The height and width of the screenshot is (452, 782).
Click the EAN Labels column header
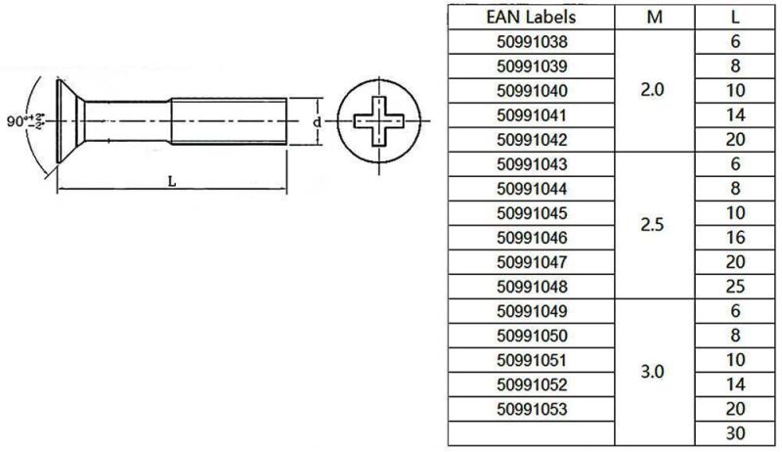[x=531, y=17]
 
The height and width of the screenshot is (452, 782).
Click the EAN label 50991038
[x=531, y=42]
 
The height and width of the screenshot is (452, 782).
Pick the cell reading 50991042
[x=531, y=139]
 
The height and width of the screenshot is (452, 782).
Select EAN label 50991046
[x=531, y=238]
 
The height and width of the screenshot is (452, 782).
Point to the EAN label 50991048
[x=531, y=287]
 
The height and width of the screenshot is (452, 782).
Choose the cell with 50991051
[x=531, y=360]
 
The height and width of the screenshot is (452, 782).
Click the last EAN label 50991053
[x=531, y=409]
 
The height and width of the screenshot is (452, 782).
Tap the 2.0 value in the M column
[x=652, y=90]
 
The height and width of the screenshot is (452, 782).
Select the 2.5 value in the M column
[x=652, y=225]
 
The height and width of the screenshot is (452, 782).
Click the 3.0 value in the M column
[x=652, y=372]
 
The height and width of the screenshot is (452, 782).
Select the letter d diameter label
[x=317, y=122]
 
